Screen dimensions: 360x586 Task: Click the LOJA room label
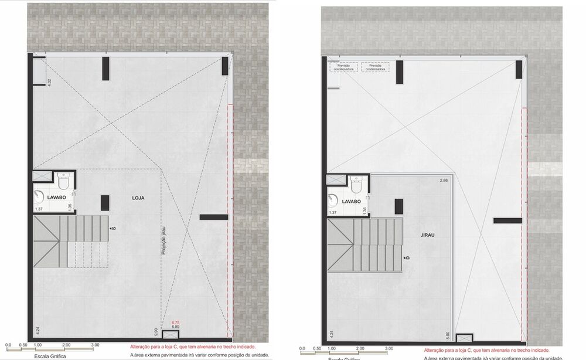pyautogui.click(x=138, y=198)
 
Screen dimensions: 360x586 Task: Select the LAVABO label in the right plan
pyautogui.click(x=351, y=201)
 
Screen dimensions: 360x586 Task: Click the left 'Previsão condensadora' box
pyautogui.click(x=343, y=67)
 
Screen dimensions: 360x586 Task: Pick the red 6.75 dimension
pyautogui.click(x=175, y=322)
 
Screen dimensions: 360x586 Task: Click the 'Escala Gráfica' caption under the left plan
pyautogui.click(x=50, y=355)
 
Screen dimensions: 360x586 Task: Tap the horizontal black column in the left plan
pyautogui.click(x=213, y=217)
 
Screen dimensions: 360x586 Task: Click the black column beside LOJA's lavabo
pyautogui.click(x=104, y=202)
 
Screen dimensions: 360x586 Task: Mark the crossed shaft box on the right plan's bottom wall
pyautogui.click(x=463, y=338)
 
